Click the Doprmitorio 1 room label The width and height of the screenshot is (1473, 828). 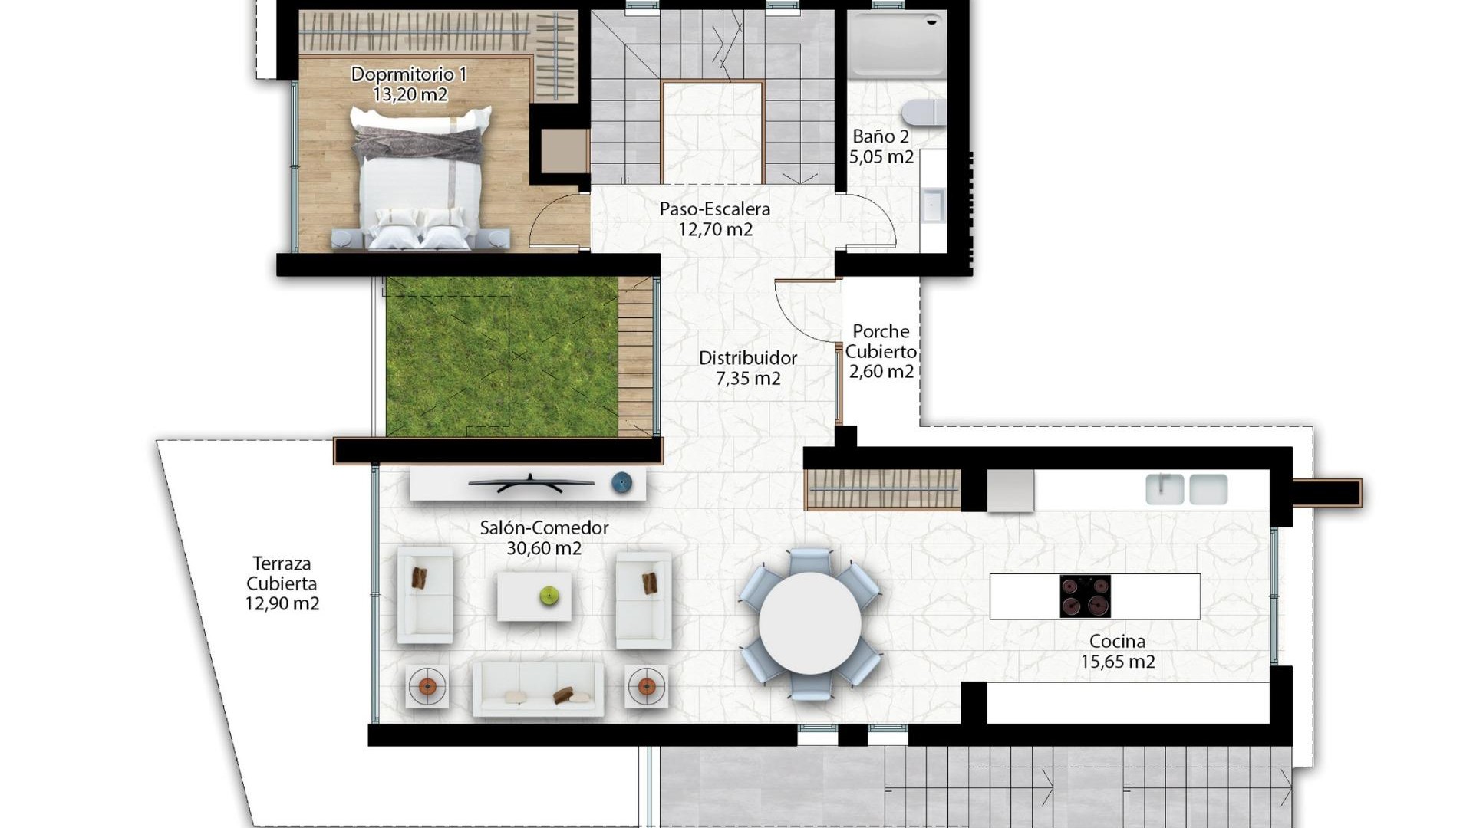click(x=408, y=74)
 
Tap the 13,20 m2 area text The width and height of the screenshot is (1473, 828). click(x=410, y=94)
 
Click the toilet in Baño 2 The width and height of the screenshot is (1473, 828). click(x=924, y=113)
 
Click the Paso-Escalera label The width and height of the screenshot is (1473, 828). click(x=714, y=209)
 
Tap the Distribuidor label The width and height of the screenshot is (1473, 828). click(x=747, y=358)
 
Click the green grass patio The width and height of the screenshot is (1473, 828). click(x=502, y=357)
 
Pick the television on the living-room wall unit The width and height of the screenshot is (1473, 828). click(x=531, y=484)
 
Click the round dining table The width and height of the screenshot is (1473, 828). click(x=810, y=623)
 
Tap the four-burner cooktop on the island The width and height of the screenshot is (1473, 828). click(x=1085, y=596)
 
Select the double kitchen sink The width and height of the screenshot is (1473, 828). click(x=1186, y=489)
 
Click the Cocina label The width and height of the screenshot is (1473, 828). click(x=1117, y=642)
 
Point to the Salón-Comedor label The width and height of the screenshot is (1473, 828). click(x=544, y=527)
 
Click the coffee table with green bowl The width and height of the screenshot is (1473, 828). click(x=534, y=596)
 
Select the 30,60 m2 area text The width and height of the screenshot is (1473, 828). click(x=544, y=548)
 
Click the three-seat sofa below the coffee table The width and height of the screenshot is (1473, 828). click(x=538, y=689)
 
